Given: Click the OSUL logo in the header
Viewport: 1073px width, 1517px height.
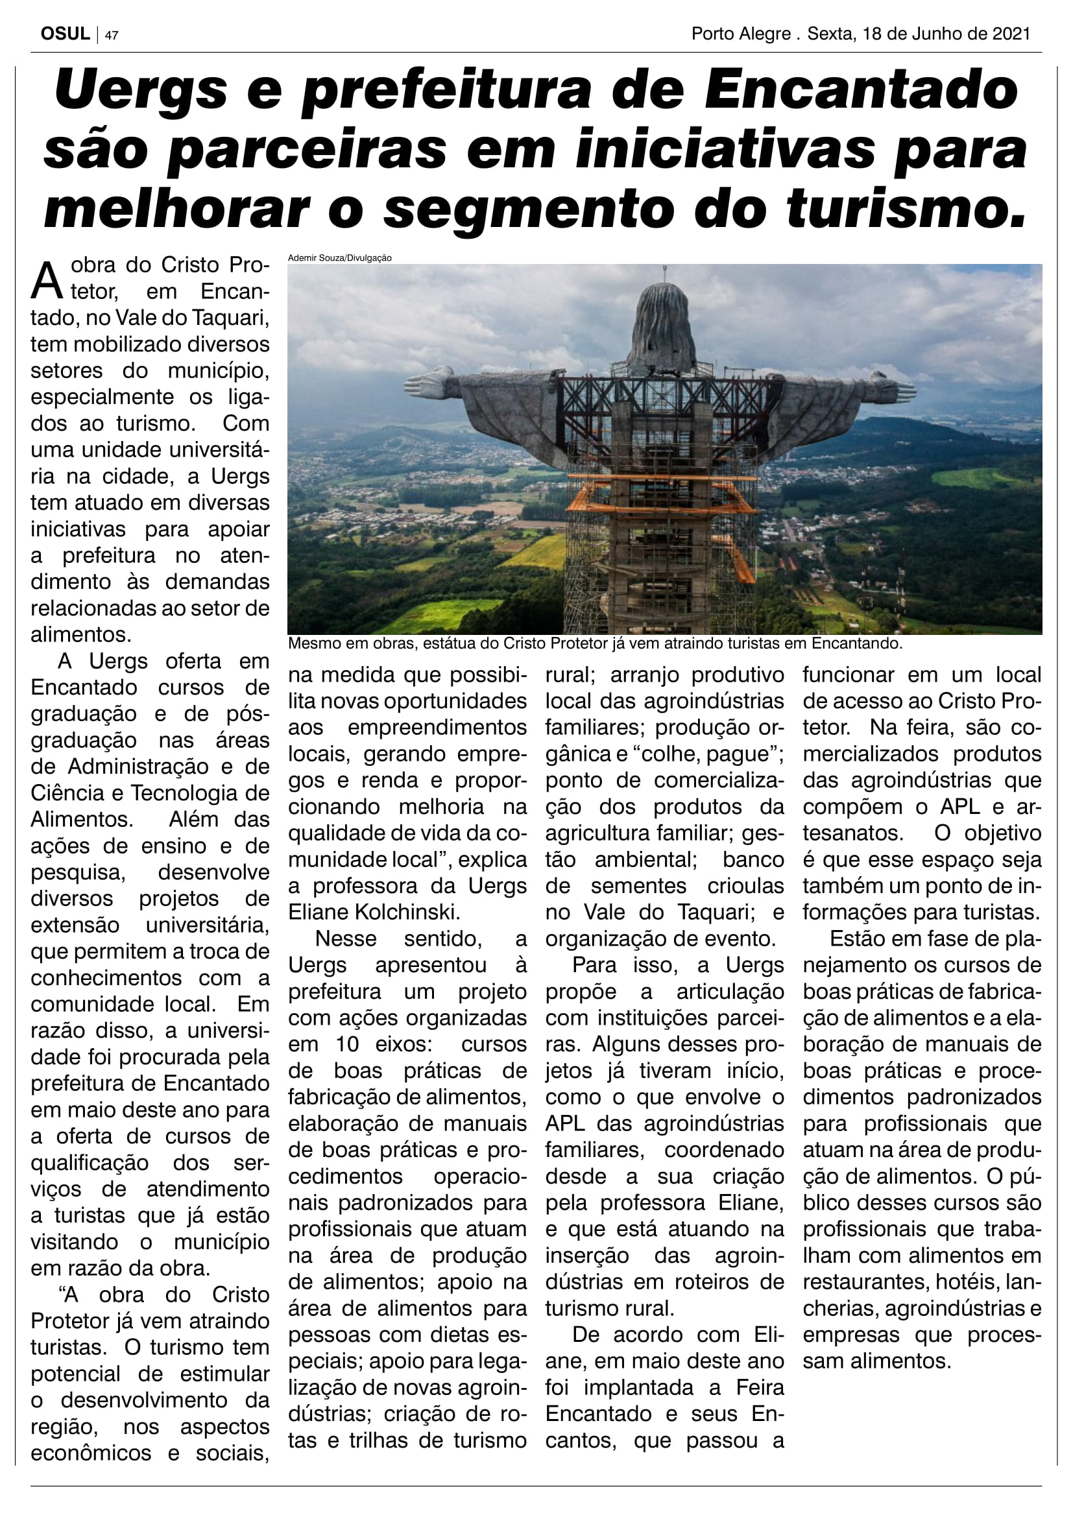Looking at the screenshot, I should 65,34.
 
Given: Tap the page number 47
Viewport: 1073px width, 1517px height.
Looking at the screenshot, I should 112,36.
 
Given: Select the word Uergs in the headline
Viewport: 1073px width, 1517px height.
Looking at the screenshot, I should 141,91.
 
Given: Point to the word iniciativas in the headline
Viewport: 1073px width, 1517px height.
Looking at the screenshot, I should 725,150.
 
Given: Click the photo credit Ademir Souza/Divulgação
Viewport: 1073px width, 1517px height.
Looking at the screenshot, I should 339,257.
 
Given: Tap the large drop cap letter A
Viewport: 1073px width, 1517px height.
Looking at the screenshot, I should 47,281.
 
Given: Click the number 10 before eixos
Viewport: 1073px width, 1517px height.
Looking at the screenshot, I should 347,1045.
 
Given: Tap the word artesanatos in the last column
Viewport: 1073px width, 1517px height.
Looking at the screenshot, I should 852,833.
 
